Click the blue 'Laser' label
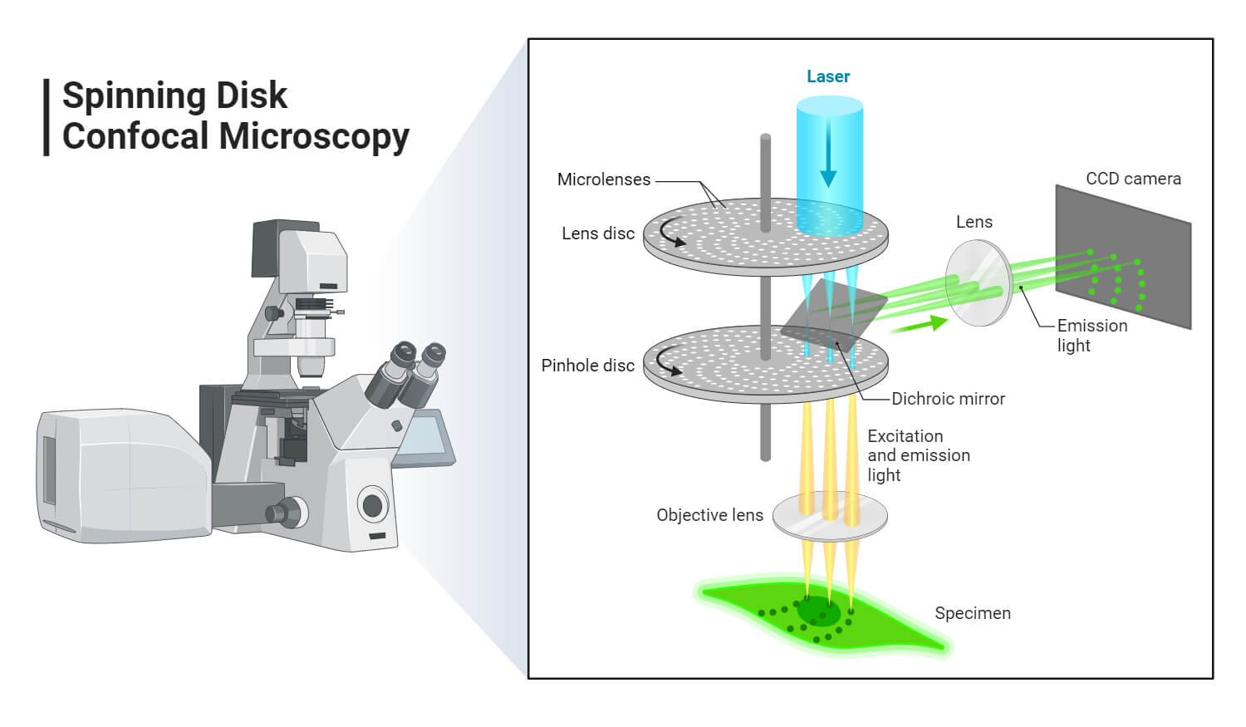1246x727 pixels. click(827, 76)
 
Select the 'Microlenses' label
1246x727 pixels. click(603, 179)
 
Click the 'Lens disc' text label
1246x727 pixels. click(597, 233)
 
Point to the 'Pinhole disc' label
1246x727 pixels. click(587, 366)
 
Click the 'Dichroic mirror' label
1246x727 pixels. click(948, 399)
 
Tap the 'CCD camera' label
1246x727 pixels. click(1133, 179)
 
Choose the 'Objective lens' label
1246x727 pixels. click(709, 515)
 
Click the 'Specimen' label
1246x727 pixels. click(972, 613)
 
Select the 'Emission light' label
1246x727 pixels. click(1091, 336)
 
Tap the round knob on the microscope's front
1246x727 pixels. click(372, 504)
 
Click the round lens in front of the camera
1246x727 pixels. click(979, 282)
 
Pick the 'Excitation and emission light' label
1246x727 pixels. click(918, 455)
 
